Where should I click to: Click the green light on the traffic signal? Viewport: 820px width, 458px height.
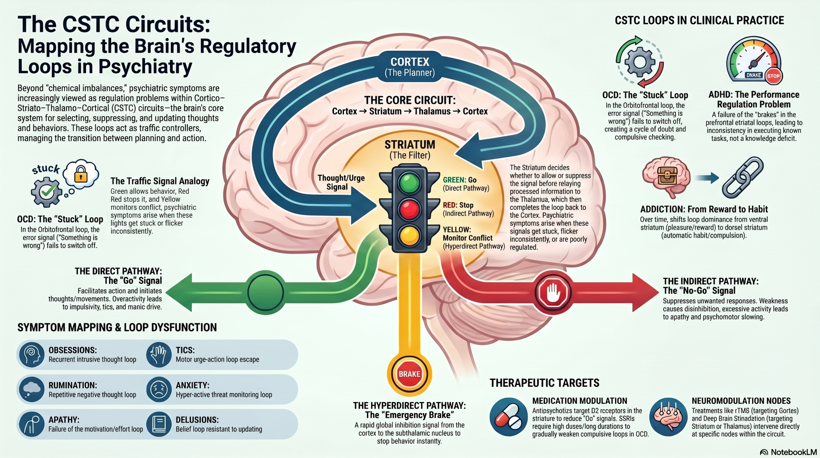coord(409,183)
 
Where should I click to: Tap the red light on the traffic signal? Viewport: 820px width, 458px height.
coord(409,209)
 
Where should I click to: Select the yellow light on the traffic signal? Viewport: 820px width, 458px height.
coord(409,235)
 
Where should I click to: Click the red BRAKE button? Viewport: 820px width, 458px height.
coord(409,374)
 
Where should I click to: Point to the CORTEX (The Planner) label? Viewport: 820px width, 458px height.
coord(410,67)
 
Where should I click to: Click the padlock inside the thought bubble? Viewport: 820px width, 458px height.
coord(81,174)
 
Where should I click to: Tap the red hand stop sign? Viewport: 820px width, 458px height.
coord(553,292)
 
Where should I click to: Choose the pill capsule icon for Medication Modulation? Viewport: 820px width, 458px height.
coord(508,417)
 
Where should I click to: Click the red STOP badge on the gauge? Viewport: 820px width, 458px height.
coord(773,76)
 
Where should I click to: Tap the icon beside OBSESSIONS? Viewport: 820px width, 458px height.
coord(31,354)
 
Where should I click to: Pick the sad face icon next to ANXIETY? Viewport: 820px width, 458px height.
coord(159,389)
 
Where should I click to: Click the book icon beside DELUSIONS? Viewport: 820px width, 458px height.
coord(159,424)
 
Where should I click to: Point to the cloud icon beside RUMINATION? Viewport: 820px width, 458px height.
coord(31,389)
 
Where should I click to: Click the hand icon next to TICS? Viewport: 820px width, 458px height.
coord(159,354)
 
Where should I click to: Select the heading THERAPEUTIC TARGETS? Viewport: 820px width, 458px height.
coord(544,383)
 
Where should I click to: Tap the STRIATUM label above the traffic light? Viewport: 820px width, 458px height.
coord(410,145)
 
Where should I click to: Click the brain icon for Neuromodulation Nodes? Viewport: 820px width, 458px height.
coord(668,417)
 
